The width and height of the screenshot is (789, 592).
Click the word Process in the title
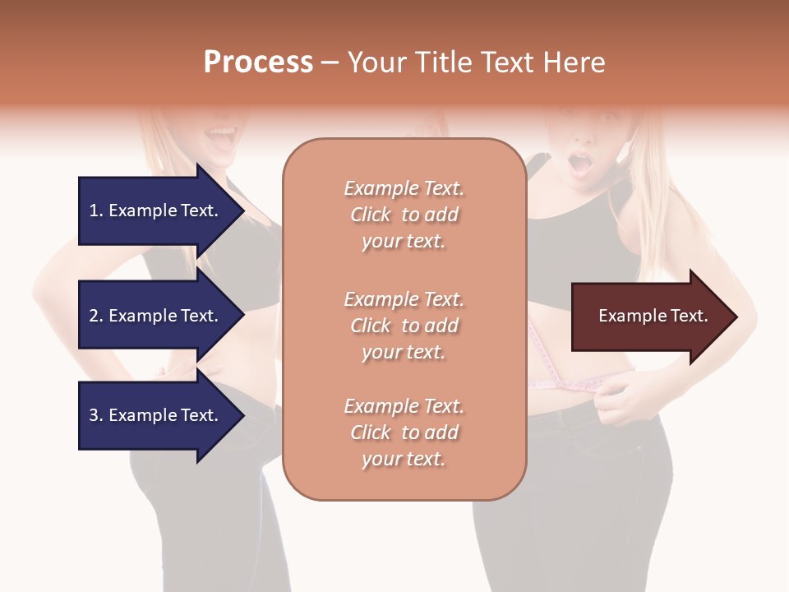258,62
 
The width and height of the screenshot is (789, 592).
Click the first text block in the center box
404,215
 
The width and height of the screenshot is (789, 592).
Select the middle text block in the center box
404,326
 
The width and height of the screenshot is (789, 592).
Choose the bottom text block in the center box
404,432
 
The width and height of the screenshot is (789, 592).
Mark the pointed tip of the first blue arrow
243,210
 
